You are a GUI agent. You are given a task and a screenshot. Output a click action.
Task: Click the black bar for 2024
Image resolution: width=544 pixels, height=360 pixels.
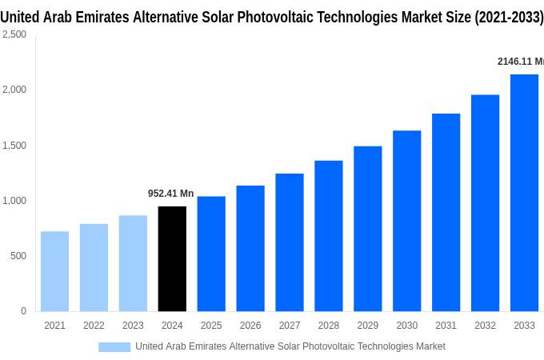point(172,258)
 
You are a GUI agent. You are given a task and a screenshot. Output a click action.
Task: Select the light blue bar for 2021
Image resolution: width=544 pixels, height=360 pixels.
point(54,271)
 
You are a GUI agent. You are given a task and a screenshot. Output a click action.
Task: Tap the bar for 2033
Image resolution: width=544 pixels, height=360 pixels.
point(524,193)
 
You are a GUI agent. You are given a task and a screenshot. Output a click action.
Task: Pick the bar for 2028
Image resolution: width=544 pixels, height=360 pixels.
point(328,236)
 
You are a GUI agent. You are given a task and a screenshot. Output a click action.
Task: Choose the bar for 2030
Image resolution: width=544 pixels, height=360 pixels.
point(406,221)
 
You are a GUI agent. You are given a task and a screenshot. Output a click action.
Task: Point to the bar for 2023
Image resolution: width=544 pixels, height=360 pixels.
point(133,263)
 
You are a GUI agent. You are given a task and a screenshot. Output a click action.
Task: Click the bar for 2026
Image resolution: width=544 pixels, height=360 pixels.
point(250,248)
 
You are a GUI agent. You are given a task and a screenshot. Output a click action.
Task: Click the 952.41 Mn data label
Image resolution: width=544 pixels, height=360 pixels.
point(170,194)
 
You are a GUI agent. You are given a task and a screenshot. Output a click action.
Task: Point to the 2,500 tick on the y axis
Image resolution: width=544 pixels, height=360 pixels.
point(14,34)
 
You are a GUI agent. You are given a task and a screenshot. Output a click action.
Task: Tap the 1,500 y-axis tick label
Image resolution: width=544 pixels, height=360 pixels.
point(14,146)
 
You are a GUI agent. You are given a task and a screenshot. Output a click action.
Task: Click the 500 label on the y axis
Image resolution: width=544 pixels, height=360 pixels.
point(18,256)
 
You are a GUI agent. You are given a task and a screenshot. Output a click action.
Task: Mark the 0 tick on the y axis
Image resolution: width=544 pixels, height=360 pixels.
point(23,311)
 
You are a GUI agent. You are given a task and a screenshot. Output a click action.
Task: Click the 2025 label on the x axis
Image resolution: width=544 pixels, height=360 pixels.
point(211,326)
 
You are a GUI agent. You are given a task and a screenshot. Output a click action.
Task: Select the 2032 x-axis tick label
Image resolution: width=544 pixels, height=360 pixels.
point(485,326)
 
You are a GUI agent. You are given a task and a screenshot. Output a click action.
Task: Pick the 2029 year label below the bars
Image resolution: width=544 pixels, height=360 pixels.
point(367,326)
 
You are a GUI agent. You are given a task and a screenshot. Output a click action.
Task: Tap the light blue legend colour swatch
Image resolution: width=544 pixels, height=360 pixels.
point(114,346)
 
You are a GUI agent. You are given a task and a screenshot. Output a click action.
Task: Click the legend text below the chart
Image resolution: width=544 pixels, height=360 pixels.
point(290,346)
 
